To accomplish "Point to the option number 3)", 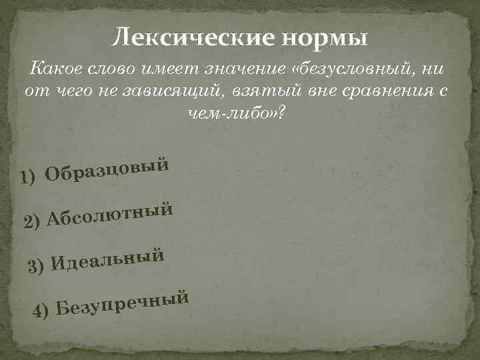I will [37, 266].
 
